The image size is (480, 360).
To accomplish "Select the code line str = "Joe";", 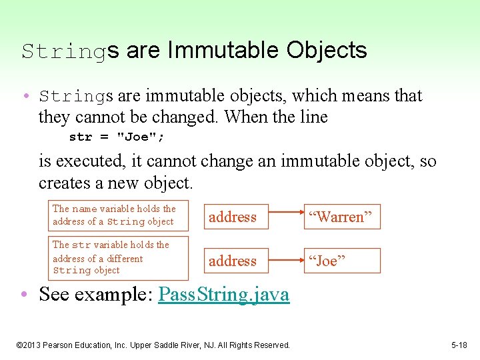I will (117, 137).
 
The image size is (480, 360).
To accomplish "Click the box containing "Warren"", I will (343, 217).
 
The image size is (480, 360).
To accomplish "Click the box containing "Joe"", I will (343, 261).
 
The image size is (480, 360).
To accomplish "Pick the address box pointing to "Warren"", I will (233, 217).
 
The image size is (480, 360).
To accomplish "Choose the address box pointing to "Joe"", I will (233, 261).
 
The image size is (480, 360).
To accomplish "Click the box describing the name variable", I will (117, 215).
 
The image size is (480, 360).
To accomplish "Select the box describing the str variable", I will (117, 257).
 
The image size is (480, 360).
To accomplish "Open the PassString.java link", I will (223, 295).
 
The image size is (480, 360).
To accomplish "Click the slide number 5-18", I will (459, 345).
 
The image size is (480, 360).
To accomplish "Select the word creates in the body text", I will (59, 182).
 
